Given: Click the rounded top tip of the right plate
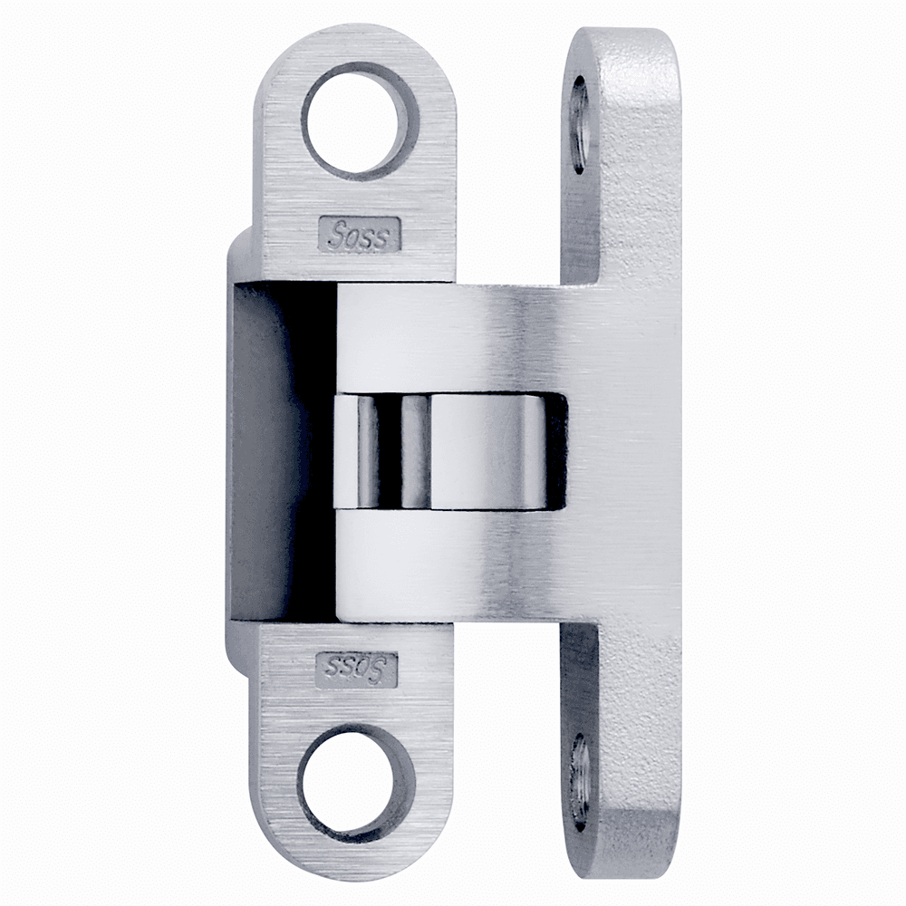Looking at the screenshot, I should [625, 41].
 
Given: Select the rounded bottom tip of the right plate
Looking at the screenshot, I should [625, 865].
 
